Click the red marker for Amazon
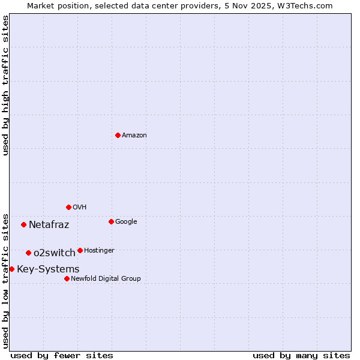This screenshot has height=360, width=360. point(118,135)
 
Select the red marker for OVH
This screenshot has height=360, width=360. point(68,207)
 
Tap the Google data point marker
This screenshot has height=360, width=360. point(111,221)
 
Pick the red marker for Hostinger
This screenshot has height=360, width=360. point(80,250)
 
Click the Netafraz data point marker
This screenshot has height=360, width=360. point(23,224)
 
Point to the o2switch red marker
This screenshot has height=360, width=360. point(28,253)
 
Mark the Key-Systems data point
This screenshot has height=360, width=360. point(11,269)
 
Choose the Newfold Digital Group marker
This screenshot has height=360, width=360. point(67,278)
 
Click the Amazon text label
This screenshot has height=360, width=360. point(134,136)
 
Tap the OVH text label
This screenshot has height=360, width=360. point(80,208)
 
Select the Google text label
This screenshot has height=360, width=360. point(126,222)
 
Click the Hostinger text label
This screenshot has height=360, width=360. point(99,251)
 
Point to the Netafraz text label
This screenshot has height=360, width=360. point(49,225)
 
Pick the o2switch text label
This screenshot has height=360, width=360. point(55,253)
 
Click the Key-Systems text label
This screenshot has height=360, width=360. point(48,269)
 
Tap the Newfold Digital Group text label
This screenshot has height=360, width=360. point(106,279)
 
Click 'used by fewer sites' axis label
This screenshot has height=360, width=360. point(62,355)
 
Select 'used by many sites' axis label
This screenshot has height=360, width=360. point(301,355)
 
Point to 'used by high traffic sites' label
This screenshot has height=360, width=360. point(5,85)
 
